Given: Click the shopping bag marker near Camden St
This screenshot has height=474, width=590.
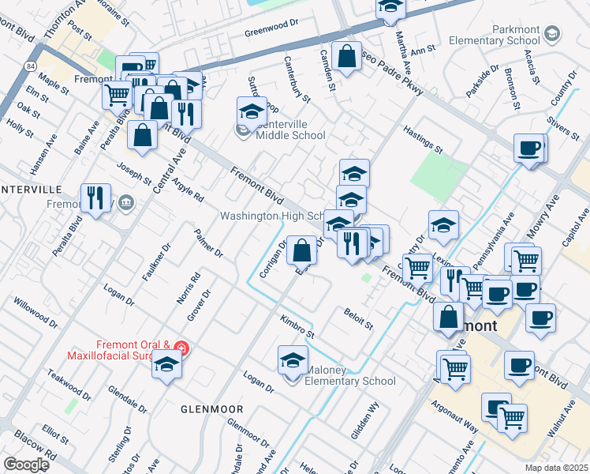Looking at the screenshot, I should click(346, 57).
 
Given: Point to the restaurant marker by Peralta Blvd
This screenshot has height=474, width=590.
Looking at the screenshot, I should click(95, 199).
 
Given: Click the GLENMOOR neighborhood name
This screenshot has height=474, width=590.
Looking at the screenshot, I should click(211, 408).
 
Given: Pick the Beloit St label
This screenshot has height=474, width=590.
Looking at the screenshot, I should click(357, 319).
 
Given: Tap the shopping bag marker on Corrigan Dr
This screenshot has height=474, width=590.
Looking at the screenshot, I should click(301, 251).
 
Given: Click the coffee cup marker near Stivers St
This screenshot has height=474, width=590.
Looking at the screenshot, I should click(528, 149).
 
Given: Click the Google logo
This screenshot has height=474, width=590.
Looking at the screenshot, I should click(25, 465).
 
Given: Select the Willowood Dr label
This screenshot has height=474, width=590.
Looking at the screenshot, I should click(35, 312).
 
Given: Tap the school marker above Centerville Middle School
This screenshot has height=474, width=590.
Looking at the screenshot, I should click(252, 113).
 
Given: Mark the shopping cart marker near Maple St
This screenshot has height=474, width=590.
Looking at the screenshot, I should click(117, 96).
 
